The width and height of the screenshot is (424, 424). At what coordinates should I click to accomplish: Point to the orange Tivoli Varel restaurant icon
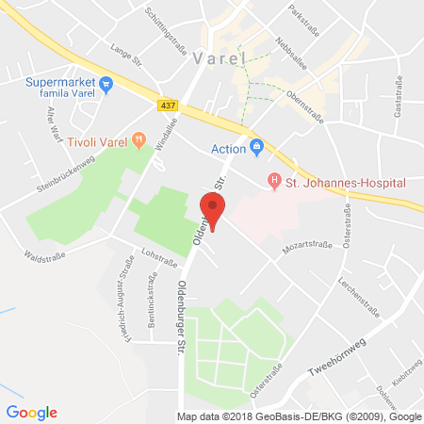click(139, 141)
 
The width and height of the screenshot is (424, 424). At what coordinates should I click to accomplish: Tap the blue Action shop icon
click(256, 148)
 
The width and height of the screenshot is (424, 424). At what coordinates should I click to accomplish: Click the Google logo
click(31, 412)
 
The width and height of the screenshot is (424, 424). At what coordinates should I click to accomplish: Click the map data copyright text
click(299, 416)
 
